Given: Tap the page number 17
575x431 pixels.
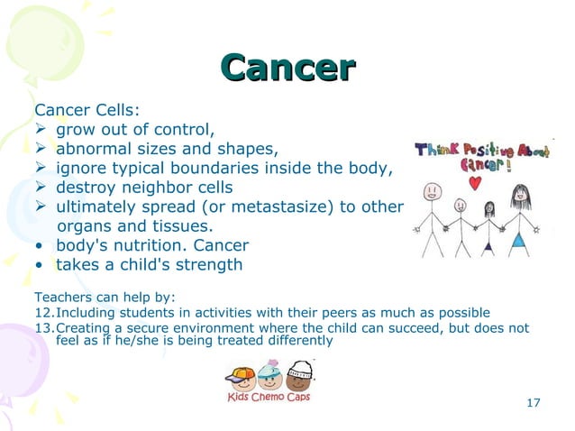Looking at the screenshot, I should (533, 402).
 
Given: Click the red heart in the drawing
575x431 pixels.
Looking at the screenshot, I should (474, 182).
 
